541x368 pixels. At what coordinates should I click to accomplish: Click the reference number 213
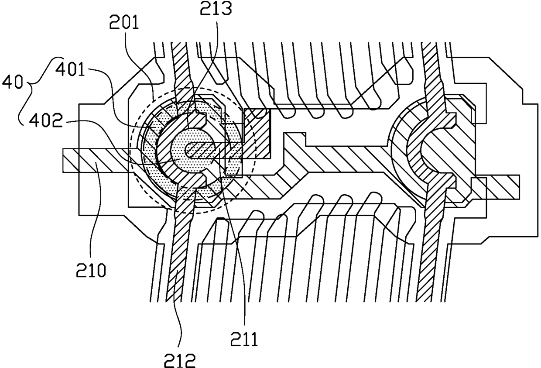[x=216, y=9]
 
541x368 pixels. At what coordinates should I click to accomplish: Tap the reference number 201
[x=124, y=22]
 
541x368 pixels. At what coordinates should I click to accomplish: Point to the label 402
[x=46, y=120]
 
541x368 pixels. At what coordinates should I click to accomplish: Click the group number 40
[x=12, y=82]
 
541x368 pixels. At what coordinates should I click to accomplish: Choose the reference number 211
[x=244, y=339]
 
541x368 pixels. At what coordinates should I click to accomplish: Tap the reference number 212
[x=180, y=361]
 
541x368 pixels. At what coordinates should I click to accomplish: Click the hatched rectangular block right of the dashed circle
[x=257, y=134]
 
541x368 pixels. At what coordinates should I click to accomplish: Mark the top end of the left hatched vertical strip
[x=179, y=44]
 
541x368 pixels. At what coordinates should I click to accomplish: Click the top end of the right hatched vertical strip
[x=429, y=44]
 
